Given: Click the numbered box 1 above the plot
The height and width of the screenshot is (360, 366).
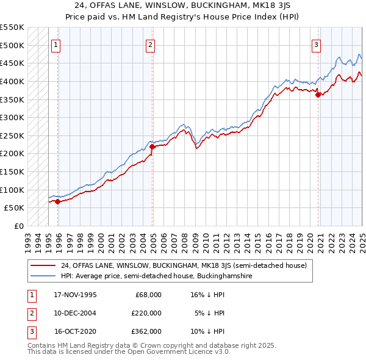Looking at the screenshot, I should (56, 45).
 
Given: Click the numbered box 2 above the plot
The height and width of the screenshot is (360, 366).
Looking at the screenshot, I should (150, 45).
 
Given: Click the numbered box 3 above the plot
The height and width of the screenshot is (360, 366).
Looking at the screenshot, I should (317, 45).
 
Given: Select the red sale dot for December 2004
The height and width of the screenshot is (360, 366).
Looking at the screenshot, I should (152, 146).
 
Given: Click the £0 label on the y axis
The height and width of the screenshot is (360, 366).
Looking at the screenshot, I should (18, 226).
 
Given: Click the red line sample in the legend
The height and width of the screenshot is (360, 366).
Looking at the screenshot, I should (43, 265).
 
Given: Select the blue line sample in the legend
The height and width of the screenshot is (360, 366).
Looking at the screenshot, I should (43, 276).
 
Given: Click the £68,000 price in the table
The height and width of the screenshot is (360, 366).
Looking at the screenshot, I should (147, 295).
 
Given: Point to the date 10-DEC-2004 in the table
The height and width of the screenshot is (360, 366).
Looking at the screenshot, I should (76, 313).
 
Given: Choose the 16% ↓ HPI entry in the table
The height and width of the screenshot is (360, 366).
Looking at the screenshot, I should (207, 295).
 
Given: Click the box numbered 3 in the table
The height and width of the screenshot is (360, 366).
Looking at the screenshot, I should (31, 331).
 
